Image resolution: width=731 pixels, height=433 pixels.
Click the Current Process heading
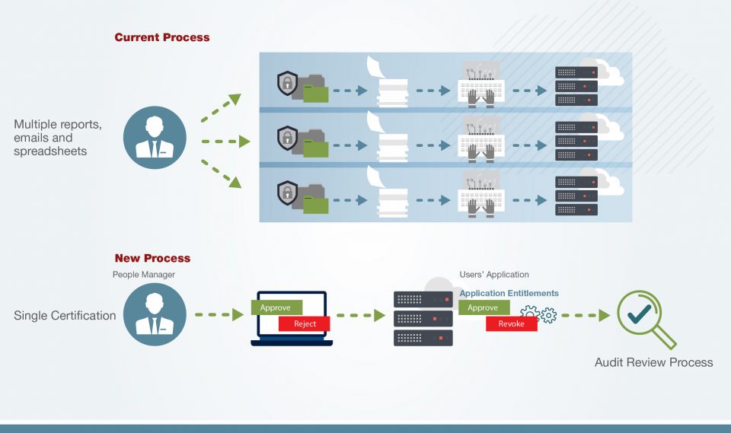point(161,37)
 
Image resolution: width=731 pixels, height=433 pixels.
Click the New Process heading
point(152,258)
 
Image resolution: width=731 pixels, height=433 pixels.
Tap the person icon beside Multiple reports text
point(155,138)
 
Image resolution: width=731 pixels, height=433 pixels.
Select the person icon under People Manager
point(155,314)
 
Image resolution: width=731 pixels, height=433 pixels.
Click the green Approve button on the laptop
point(276,308)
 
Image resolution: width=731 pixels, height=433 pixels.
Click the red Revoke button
point(511,323)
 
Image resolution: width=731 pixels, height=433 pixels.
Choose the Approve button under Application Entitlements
point(484,307)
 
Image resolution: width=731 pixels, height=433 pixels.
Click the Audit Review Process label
point(653,362)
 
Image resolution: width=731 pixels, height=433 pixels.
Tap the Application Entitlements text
point(509,293)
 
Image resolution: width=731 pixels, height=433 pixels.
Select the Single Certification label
point(65,315)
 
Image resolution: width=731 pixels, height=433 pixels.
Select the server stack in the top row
point(576,86)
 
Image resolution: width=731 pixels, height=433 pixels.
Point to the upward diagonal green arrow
point(221,108)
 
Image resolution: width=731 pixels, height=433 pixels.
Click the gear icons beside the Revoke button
point(538,314)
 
